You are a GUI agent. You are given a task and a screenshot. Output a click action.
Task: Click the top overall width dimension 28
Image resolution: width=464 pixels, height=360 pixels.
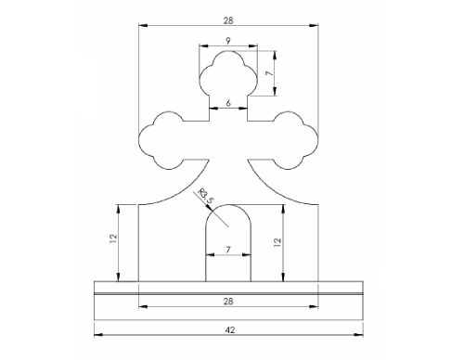[228, 20]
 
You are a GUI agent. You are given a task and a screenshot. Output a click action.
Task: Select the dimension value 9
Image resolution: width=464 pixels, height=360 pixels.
[228, 41]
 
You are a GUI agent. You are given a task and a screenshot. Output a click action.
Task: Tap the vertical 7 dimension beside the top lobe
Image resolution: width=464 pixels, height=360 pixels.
[270, 73]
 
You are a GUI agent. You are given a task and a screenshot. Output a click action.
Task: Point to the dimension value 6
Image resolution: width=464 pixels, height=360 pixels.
[228, 103]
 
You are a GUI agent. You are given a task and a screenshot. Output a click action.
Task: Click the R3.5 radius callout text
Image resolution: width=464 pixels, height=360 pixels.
[206, 195]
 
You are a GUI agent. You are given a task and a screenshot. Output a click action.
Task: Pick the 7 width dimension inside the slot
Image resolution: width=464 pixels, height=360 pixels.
[228, 250]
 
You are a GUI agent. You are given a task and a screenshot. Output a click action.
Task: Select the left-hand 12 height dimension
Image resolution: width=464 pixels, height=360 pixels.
[113, 238]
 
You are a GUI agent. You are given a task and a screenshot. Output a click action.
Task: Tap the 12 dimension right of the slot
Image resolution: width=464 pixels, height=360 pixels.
[277, 242]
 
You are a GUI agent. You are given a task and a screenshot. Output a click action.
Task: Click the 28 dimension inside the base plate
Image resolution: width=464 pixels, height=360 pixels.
[228, 302]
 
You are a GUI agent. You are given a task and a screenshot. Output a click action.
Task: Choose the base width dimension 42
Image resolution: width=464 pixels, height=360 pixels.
[230, 330]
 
